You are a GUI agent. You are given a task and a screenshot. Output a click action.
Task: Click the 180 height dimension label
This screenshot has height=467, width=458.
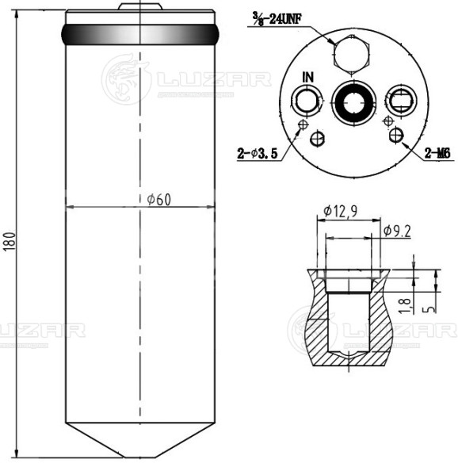point(10,241)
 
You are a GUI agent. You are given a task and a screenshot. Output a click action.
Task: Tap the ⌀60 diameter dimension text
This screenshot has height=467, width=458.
point(159,200)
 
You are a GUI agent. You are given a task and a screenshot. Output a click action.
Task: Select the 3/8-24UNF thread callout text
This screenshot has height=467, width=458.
point(277,19)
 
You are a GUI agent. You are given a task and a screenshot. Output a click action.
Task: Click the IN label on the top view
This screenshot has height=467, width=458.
point(308,78)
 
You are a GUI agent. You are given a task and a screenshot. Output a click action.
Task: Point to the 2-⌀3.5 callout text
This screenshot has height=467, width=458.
point(258,154)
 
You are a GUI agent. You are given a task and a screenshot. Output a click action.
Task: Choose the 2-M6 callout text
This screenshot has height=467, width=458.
point(437,154)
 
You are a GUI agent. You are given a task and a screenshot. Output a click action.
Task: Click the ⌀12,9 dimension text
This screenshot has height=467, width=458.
point(341,211)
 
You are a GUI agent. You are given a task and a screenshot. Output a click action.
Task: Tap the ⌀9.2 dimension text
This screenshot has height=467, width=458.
point(397,231)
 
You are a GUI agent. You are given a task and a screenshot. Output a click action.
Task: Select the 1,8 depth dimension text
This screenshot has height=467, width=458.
point(405,306)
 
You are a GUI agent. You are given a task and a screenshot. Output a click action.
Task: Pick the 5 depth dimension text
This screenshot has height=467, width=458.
point(430,309)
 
